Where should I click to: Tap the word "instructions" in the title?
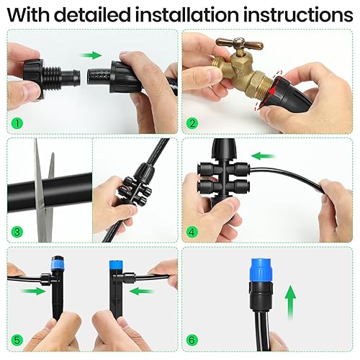coord(300,14)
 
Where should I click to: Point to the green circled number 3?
coord(16,231)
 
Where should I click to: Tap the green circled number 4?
coord(192,231)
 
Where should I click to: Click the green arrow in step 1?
coord(91,54)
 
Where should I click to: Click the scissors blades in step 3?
coord(45,184)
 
